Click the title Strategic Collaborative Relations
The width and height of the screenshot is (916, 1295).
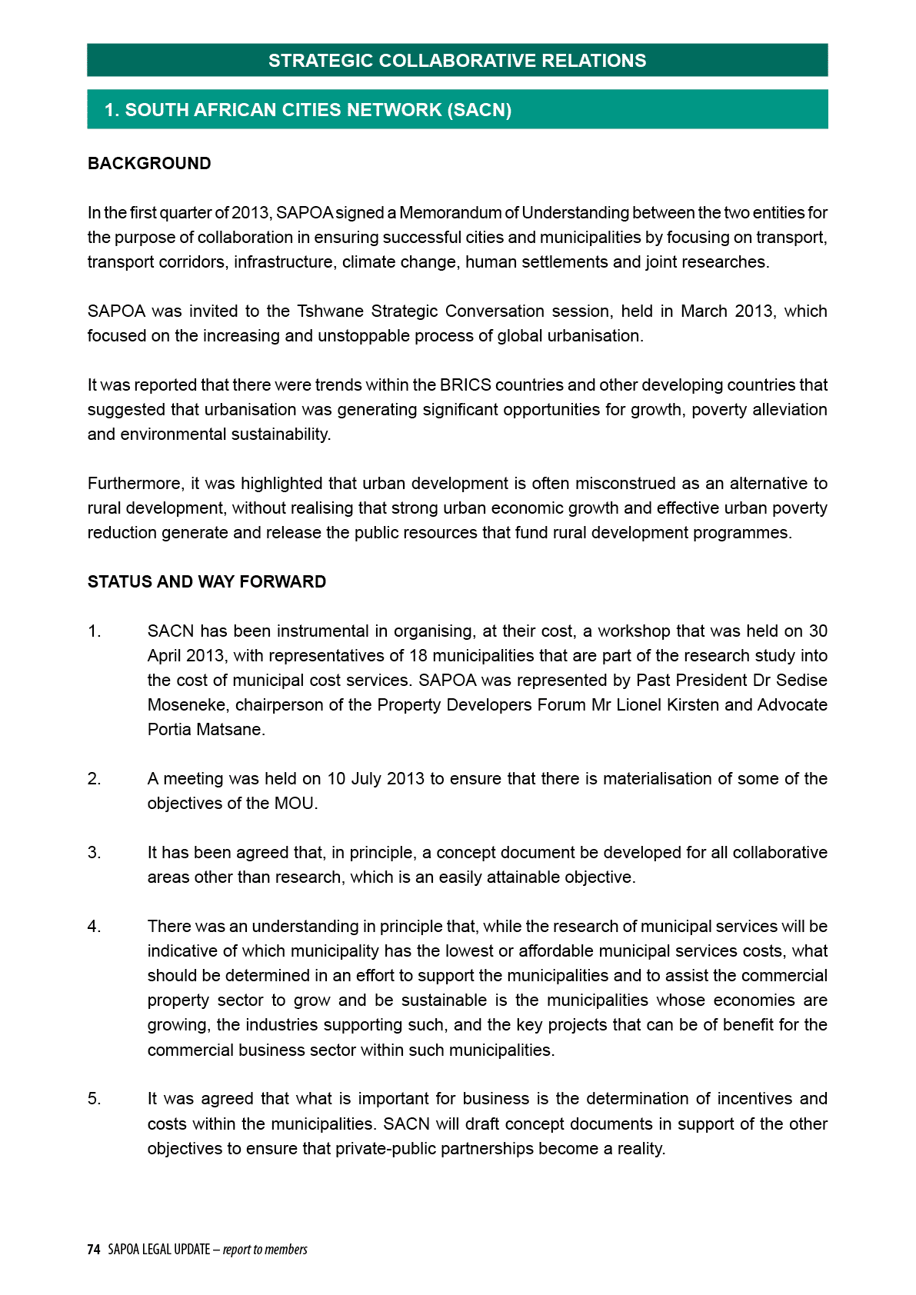457,61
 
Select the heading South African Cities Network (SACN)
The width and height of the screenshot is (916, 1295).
308,110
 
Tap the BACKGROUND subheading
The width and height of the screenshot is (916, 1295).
149,164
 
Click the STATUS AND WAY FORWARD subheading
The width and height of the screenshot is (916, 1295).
207,582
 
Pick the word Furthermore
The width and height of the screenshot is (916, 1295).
135,484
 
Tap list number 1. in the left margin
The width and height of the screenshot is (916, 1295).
95,631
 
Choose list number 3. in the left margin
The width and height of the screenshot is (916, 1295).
95,853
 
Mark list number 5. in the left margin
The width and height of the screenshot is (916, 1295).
95,1099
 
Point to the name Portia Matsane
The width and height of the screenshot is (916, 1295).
205,730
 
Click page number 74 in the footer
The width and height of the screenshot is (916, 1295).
94,1250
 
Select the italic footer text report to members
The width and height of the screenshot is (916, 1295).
265,1250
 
